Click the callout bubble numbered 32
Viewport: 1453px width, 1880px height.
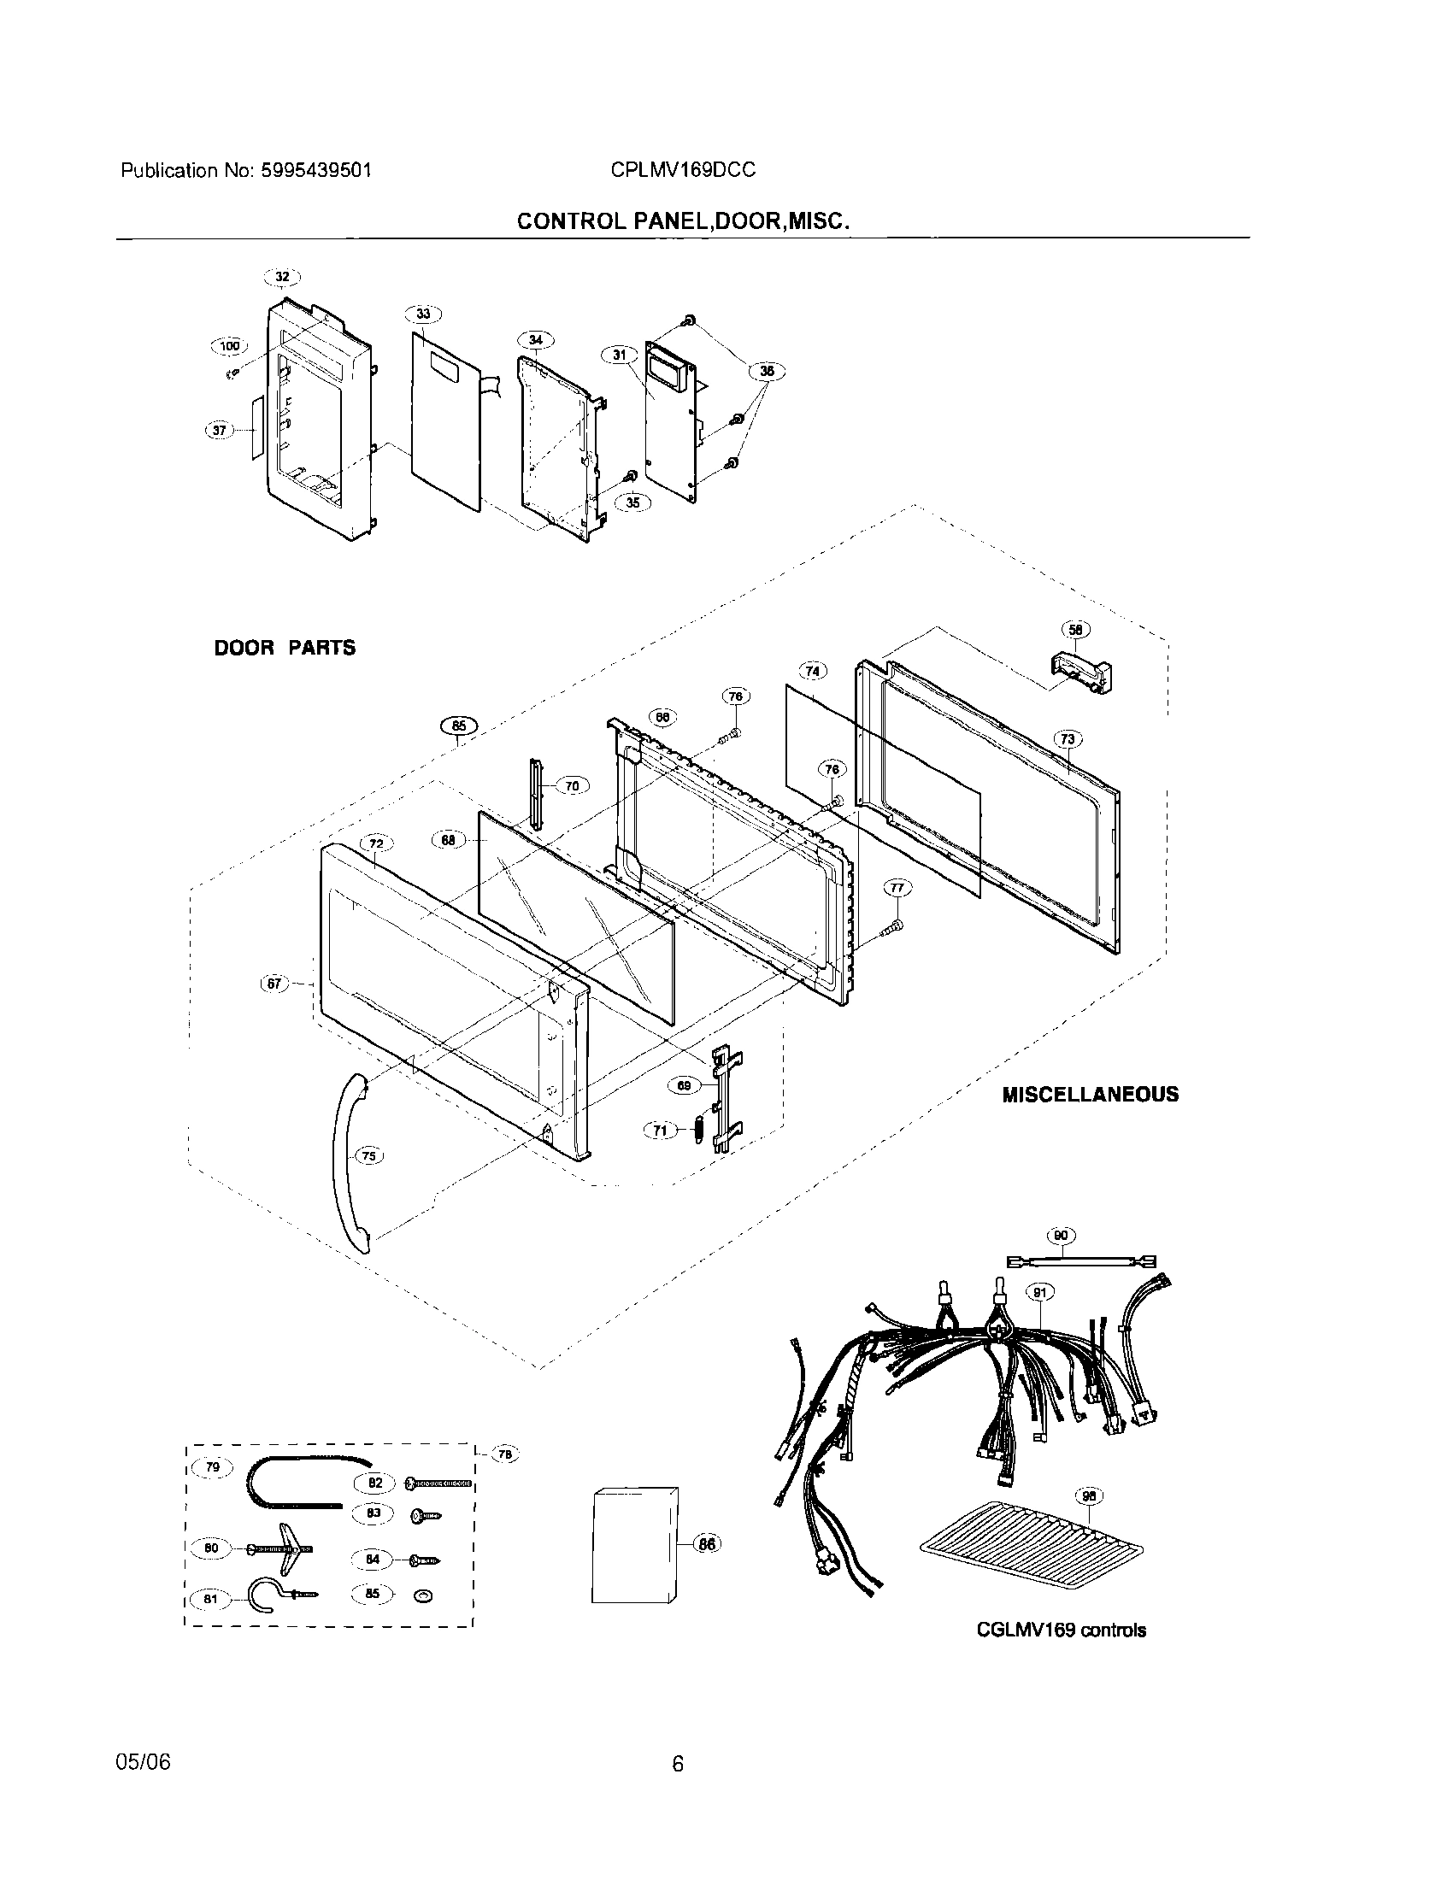[x=282, y=277]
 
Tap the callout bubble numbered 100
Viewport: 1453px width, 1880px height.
[x=229, y=346]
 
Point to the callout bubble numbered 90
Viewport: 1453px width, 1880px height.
[x=1062, y=1237]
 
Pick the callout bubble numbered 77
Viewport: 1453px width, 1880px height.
[x=896, y=888]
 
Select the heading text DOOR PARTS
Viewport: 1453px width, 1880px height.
[x=284, y=649]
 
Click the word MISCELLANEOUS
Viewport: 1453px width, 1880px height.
[x=1090, y=1095]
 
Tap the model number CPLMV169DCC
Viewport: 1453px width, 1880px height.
[x=683, y=170]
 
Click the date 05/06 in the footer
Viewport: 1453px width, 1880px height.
[x=143, y=1762]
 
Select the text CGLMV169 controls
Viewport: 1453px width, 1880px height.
[x=1061, y=1630]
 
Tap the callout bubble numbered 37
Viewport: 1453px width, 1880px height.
[x=220, y=430]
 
